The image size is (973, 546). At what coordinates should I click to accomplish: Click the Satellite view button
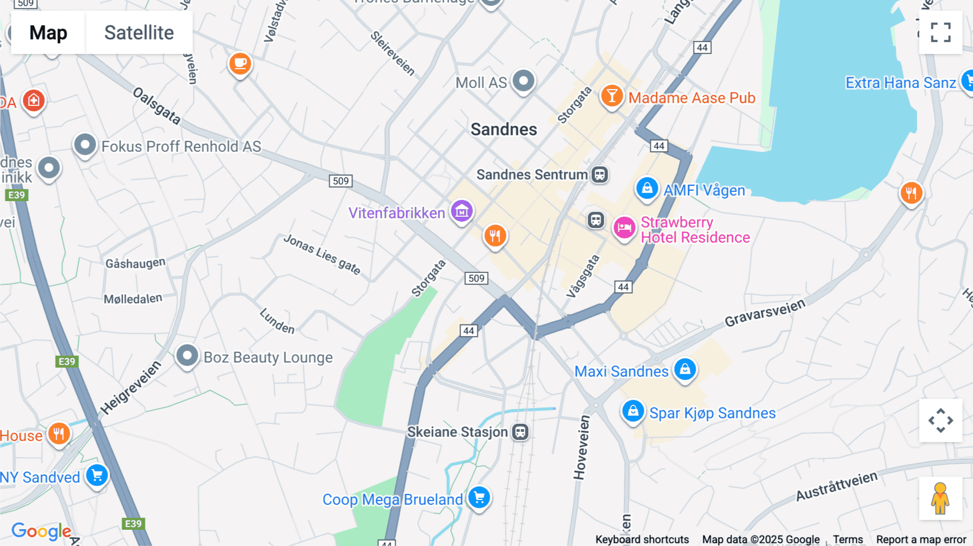coord(139,32)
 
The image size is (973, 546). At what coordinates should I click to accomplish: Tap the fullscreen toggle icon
coord(941,32)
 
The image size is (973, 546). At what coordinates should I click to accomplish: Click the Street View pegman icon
coord(940,498)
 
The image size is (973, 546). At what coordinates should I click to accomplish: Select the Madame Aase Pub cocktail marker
coord(612,96)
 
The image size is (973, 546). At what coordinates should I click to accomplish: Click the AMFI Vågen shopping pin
coord(647,189)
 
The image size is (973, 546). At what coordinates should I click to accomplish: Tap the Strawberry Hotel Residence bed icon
coord(624,228)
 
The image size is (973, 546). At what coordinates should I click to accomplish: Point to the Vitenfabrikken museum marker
coord(462,211)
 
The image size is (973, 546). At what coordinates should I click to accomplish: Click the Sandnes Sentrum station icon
coord(599,175)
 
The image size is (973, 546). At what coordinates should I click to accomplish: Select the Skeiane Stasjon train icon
coord(521,432)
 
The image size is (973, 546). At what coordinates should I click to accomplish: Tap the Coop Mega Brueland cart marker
coord(479,497)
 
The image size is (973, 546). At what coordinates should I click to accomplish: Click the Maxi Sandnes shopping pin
coord(685,370)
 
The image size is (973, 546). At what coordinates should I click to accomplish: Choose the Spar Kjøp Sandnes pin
coord(632,411)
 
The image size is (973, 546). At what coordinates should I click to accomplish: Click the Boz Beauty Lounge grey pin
coord(187,356)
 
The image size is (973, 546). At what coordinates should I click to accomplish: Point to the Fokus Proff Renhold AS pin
coord(85,145)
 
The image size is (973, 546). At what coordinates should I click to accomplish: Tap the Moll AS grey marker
coord(523,81)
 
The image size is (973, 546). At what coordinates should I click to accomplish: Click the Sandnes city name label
coord(503,129)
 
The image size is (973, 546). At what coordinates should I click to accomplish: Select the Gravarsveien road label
coord(764,313)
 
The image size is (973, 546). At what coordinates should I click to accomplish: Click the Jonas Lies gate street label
coord(322,255)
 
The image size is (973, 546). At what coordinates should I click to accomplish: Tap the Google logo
coord(41,531)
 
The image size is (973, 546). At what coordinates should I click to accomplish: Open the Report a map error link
coord(921,539)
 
